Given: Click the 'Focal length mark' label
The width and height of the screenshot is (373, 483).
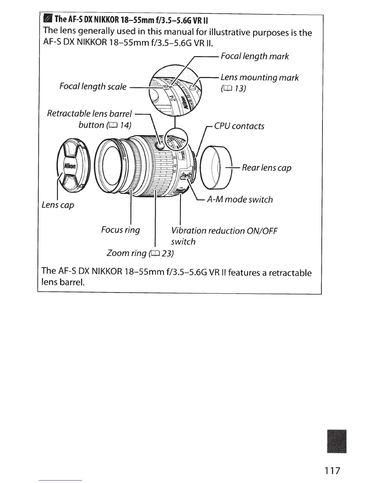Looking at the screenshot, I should tap(254, 56).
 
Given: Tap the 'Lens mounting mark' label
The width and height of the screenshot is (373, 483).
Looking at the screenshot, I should tap(259, 78).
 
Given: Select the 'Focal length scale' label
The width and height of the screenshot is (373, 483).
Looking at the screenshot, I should tap(93, 87).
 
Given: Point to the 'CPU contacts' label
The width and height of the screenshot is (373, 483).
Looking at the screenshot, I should tap(239, 126).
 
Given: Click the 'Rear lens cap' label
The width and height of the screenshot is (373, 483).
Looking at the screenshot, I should tap(266, 168).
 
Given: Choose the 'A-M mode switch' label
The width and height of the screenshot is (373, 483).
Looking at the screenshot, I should tap(240, 200).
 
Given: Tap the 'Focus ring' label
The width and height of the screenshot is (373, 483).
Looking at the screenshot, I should tap(120, 230).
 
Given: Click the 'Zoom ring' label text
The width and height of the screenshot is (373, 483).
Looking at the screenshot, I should tap(126, 253).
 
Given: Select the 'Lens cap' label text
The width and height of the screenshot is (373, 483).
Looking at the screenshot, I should tap(58, 205).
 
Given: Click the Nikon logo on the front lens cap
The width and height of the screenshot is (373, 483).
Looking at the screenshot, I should tap(70, 166).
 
